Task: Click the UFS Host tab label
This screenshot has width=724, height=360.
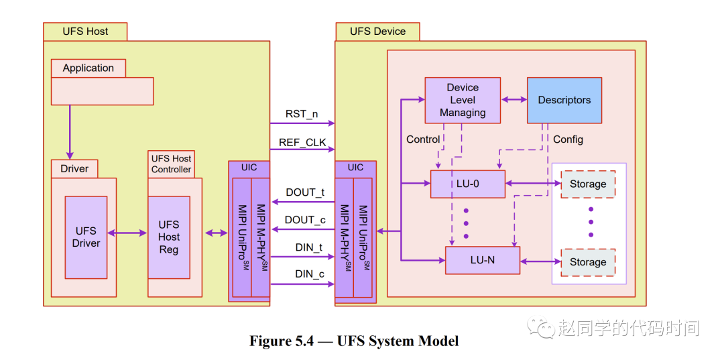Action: [85, 32]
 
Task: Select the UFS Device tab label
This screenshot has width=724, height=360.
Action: [377, 32]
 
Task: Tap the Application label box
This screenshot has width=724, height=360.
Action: [88, 68]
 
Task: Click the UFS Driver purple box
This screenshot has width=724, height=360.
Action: [86, 237]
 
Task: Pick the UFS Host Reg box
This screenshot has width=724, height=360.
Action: [169, 237]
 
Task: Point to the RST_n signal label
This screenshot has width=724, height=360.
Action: [302, 114]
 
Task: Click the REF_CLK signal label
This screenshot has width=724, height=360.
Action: [302, 142]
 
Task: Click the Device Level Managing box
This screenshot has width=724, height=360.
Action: [463, 100]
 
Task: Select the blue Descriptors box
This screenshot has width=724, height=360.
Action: [564, 100]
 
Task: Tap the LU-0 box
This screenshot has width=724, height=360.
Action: [467, 184]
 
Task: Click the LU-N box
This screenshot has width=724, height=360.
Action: [482, 260]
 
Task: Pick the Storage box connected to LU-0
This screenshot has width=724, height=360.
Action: [588, 184]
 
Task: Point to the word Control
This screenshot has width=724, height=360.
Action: [423, 139]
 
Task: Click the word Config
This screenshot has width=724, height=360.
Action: [568, 139]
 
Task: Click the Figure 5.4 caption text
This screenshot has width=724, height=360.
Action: [354, 341]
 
